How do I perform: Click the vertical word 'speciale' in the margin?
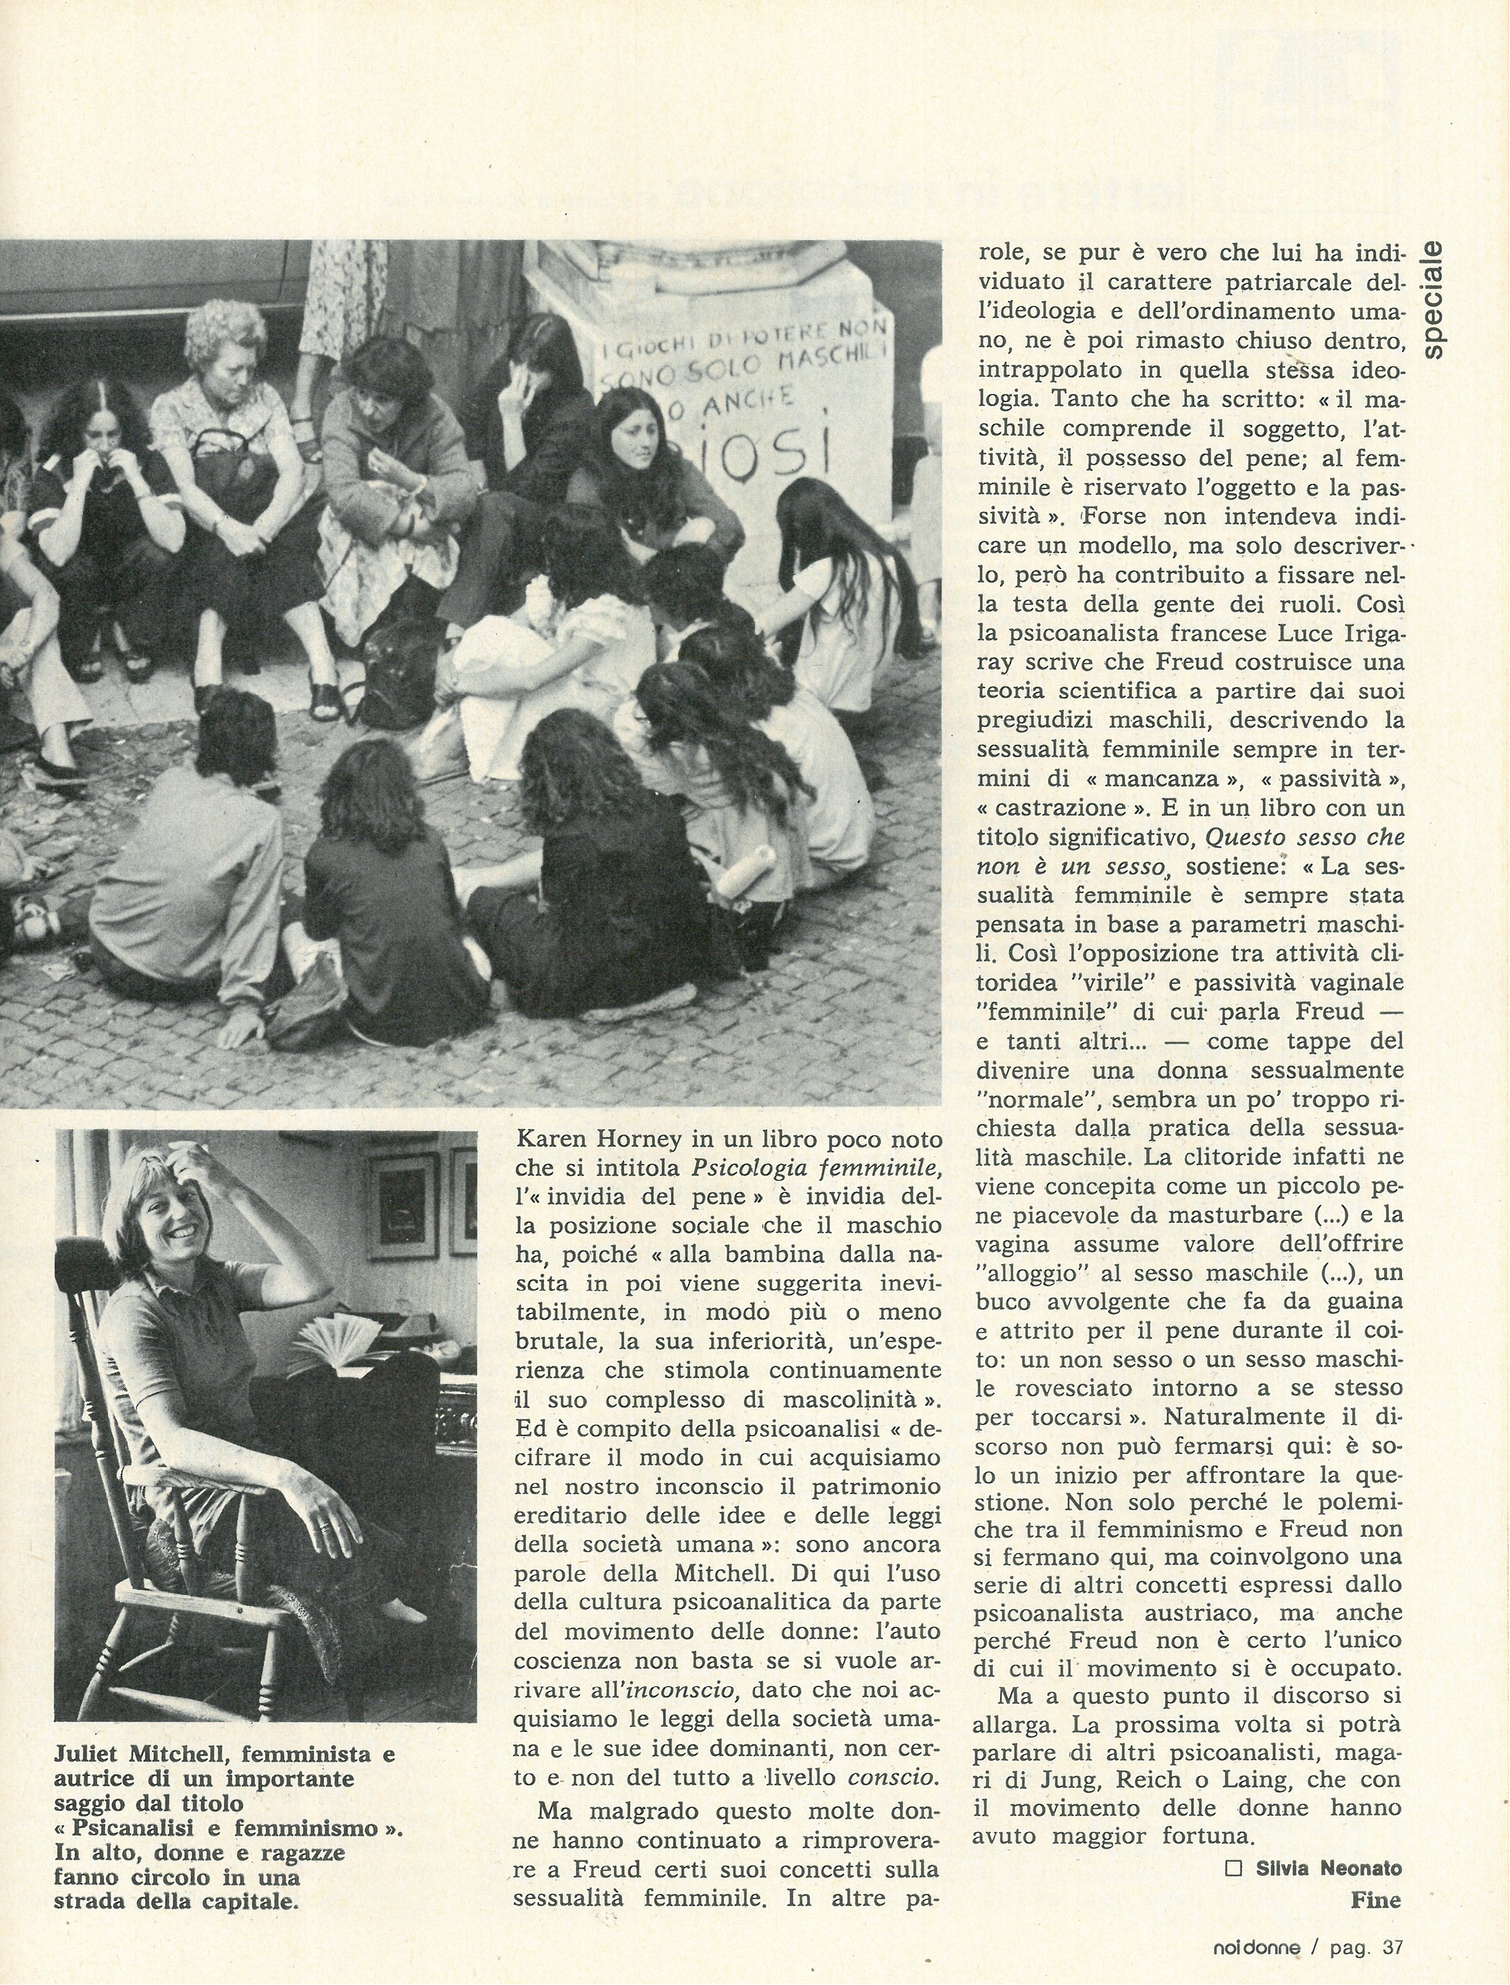pos(1437,298)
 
